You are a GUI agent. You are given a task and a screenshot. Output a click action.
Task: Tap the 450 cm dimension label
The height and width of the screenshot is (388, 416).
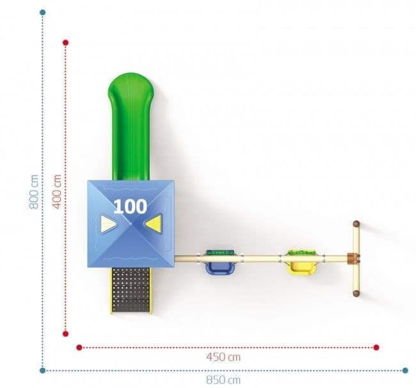click(223, 357)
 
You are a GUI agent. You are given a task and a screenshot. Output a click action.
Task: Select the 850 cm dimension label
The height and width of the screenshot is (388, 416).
click(223, 380)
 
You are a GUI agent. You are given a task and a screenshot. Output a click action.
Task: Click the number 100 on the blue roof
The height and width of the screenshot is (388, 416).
click(130, 206)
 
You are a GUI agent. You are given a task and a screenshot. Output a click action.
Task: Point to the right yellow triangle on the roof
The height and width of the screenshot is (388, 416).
click(152, 223)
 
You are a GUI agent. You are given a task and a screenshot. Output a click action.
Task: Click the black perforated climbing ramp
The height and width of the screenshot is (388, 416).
click(131, 289)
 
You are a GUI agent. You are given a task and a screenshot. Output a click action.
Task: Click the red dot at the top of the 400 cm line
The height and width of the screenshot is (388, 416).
click(66, 43)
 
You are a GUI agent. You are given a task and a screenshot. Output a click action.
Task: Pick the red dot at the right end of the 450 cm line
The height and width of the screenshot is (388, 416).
click(376, 347)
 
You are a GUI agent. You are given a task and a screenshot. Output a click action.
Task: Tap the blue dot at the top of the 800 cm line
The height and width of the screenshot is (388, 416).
click(43, 12)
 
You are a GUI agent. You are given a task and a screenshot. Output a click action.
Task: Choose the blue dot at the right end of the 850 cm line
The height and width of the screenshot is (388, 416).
click(405, 369)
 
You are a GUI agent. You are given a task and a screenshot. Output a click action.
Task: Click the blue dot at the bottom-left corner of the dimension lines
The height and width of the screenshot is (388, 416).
click(43, 369)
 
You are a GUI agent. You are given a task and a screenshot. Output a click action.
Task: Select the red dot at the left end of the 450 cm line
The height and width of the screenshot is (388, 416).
click(79, 347)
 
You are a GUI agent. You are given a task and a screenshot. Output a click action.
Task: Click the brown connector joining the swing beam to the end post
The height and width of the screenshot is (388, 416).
click(351, 258)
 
